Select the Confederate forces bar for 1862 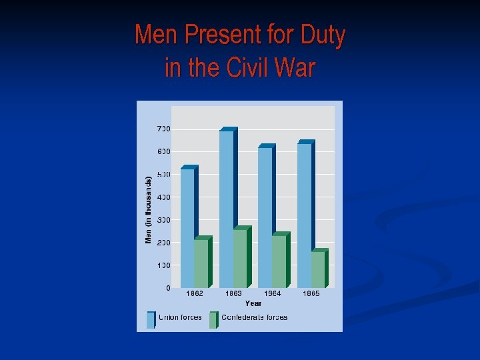coord(201,263)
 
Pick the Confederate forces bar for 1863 coord(240,259)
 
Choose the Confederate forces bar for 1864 coord(279,261)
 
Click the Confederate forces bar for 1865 coord(318,269)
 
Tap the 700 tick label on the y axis coord(163,129)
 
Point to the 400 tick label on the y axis coord(163,197)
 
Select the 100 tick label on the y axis coord(163,265)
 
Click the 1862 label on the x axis coord(195,293)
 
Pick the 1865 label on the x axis coord(311,293)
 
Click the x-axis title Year coord(253,303)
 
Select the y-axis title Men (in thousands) coord(149,208)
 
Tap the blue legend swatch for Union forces coord(151,319)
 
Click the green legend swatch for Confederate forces coord(213,319)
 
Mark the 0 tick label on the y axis coord(168,288)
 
